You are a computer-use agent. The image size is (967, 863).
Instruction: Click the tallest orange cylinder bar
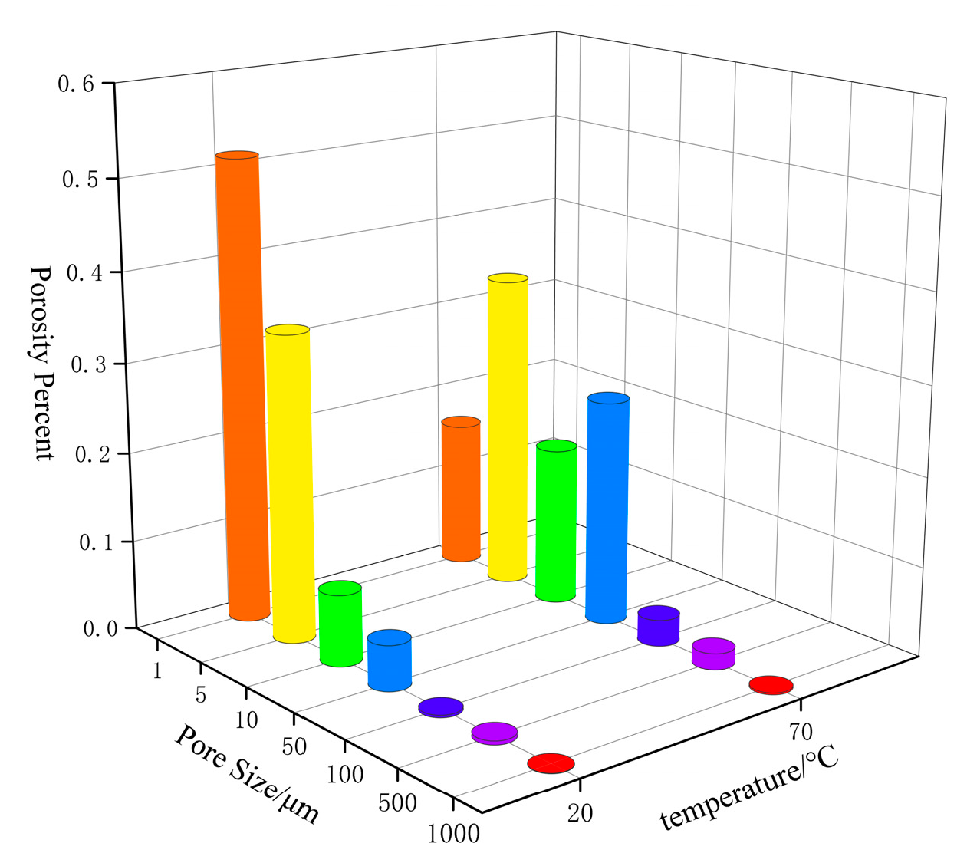242,384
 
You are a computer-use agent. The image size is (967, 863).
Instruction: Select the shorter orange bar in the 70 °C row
461,489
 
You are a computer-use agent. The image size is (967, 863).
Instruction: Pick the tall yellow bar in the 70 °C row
508,427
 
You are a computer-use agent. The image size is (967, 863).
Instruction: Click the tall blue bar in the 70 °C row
607,506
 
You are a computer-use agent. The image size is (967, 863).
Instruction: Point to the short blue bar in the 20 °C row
390,660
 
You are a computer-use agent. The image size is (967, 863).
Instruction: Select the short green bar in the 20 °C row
340,623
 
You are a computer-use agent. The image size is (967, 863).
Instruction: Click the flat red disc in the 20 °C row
551,763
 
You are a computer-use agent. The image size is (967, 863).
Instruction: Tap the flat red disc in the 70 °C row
771,685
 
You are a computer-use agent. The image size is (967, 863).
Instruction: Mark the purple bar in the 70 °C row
714,653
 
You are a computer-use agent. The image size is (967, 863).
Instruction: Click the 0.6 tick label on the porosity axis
76,84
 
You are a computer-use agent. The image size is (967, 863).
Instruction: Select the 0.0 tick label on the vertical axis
100,630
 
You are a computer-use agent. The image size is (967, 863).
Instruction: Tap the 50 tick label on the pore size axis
294,747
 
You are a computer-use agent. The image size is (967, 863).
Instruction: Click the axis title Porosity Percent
42,362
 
